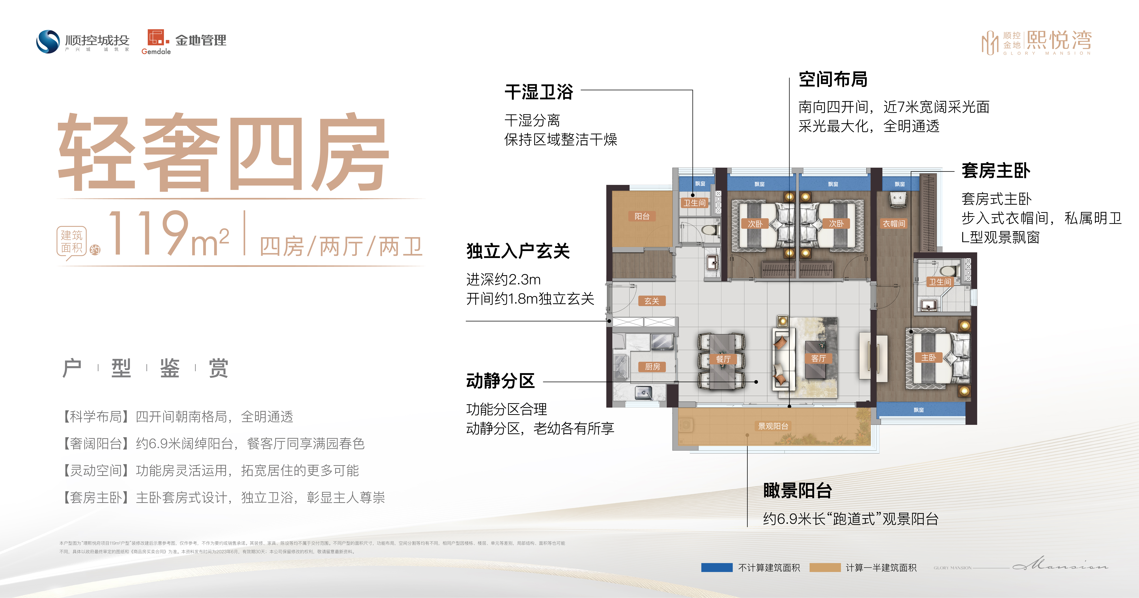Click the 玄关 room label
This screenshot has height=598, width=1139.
click(652, 301)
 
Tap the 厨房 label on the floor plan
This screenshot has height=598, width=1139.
click(652, 366)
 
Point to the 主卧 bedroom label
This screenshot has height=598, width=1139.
click(928, 357)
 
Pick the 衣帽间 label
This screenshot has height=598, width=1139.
click(894, 224)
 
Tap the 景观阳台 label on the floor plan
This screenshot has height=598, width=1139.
click(773, 426)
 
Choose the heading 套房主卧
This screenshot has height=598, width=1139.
click(996, 171)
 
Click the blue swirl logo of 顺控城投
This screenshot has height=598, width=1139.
click(48, 42)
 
